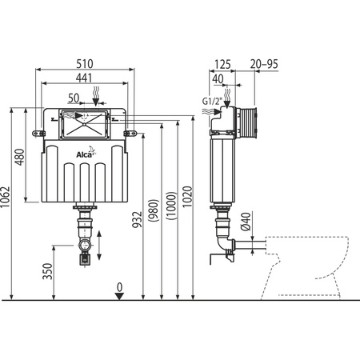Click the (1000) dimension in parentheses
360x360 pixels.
point(170,210)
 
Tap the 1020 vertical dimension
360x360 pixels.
point(186,210)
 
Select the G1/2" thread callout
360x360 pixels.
point(210,102)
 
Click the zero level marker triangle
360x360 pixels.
point(119,296)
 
